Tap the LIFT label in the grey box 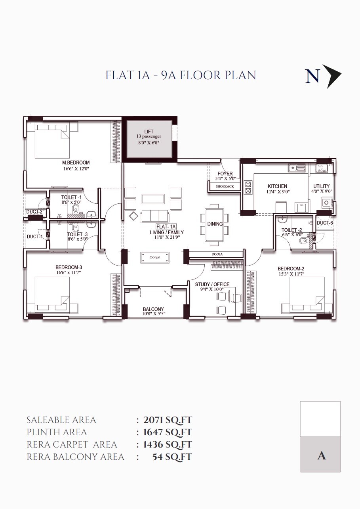[x=149, y=132]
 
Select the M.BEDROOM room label [x=76, y=163]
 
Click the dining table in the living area [x=215, y=224]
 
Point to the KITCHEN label [x=277, y=186]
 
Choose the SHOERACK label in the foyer [x=225, y=186]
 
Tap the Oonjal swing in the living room [x=155, y=257]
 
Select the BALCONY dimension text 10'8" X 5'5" [x=153, y=314]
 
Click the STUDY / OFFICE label [x=212, y=284]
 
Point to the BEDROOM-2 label [x=291, y=269]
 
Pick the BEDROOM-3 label [x=69, y=267]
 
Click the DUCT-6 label [x=325, y=223]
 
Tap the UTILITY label [x=321, y=186]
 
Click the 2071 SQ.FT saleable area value [x=168, y=420]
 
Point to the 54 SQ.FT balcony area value [x=172, y=457]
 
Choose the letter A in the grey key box [x=321, y=455]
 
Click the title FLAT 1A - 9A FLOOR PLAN [x=181, y=75]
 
